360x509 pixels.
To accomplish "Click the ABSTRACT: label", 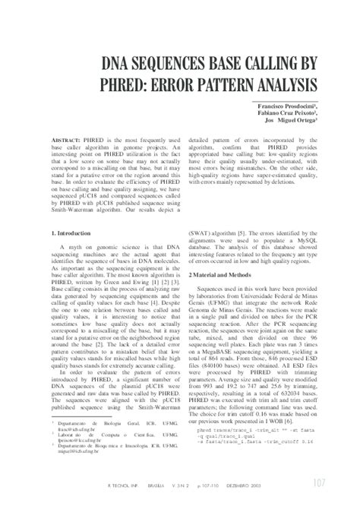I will [x=65, y=142].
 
